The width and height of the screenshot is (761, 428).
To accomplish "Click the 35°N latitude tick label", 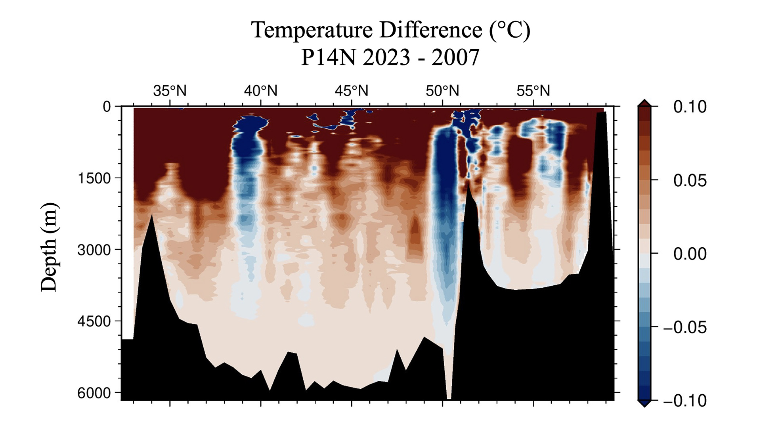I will point(170,91).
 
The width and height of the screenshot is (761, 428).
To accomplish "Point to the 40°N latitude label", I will point(260,91).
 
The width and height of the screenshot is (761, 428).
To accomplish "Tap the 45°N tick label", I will point(351,91).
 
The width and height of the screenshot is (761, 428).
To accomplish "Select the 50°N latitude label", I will point(442,91).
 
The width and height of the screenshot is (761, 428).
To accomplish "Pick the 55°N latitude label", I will point(533,91).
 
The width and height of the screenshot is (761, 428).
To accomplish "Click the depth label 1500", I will point(94,178).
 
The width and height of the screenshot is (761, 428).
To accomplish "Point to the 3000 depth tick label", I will point(94,250).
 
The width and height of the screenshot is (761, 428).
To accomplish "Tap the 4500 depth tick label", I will point(94,321).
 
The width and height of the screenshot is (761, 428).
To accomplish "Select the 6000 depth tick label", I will point(94,393).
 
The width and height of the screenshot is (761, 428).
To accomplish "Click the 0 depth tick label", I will point(107,107).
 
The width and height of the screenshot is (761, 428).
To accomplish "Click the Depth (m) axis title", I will point(50,247).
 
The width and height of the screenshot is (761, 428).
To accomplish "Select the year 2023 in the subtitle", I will point(386,57).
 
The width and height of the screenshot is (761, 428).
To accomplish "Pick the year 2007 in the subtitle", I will point(455,57).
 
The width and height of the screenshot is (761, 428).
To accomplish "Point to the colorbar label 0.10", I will point(690,107).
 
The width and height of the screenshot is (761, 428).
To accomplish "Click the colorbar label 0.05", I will point(690,180).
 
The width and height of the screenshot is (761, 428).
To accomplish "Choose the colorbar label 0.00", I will point(690,254).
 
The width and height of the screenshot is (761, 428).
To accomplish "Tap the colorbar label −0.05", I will point(685,327).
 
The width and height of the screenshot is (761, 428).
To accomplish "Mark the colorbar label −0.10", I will point(685,401).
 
